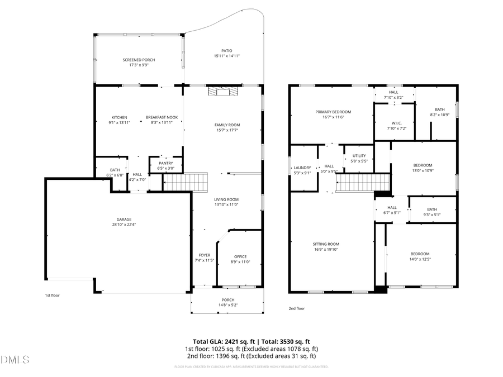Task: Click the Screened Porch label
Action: coord(139,60)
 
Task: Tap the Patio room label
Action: coord(226,51)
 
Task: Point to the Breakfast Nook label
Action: coord(162,117)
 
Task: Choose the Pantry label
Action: coord(165,163)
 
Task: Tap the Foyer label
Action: coord(204,255)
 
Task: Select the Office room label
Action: coord(240,257)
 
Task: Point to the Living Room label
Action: coord(226,199)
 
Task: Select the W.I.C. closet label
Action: coord(397,123)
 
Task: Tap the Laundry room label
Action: coord(302,168)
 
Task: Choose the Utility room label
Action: coord(359,155)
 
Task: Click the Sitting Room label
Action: coord(325,244)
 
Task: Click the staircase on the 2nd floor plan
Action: coord(362,182)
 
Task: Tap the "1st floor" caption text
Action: coord(52,295)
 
